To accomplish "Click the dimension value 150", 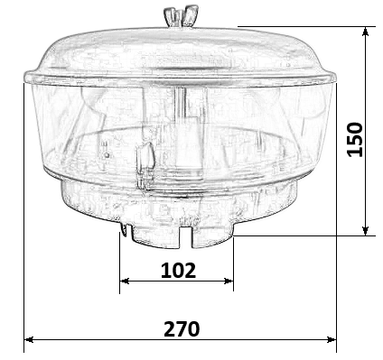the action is [x=355, y=139].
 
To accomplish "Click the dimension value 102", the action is [x=178, y=270].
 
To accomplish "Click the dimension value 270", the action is [x=182, y=328].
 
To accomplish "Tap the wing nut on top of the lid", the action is [x=181, y=15].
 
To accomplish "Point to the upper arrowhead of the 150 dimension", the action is [x=366, y=32].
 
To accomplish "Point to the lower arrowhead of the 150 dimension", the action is [x=366, y=231].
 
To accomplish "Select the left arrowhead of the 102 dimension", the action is [x=125, y=281].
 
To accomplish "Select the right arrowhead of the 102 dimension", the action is [x=229, y=281].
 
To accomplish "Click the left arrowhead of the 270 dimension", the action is [x=29, y=339].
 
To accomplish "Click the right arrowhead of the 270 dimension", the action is [x=332, y=339].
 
